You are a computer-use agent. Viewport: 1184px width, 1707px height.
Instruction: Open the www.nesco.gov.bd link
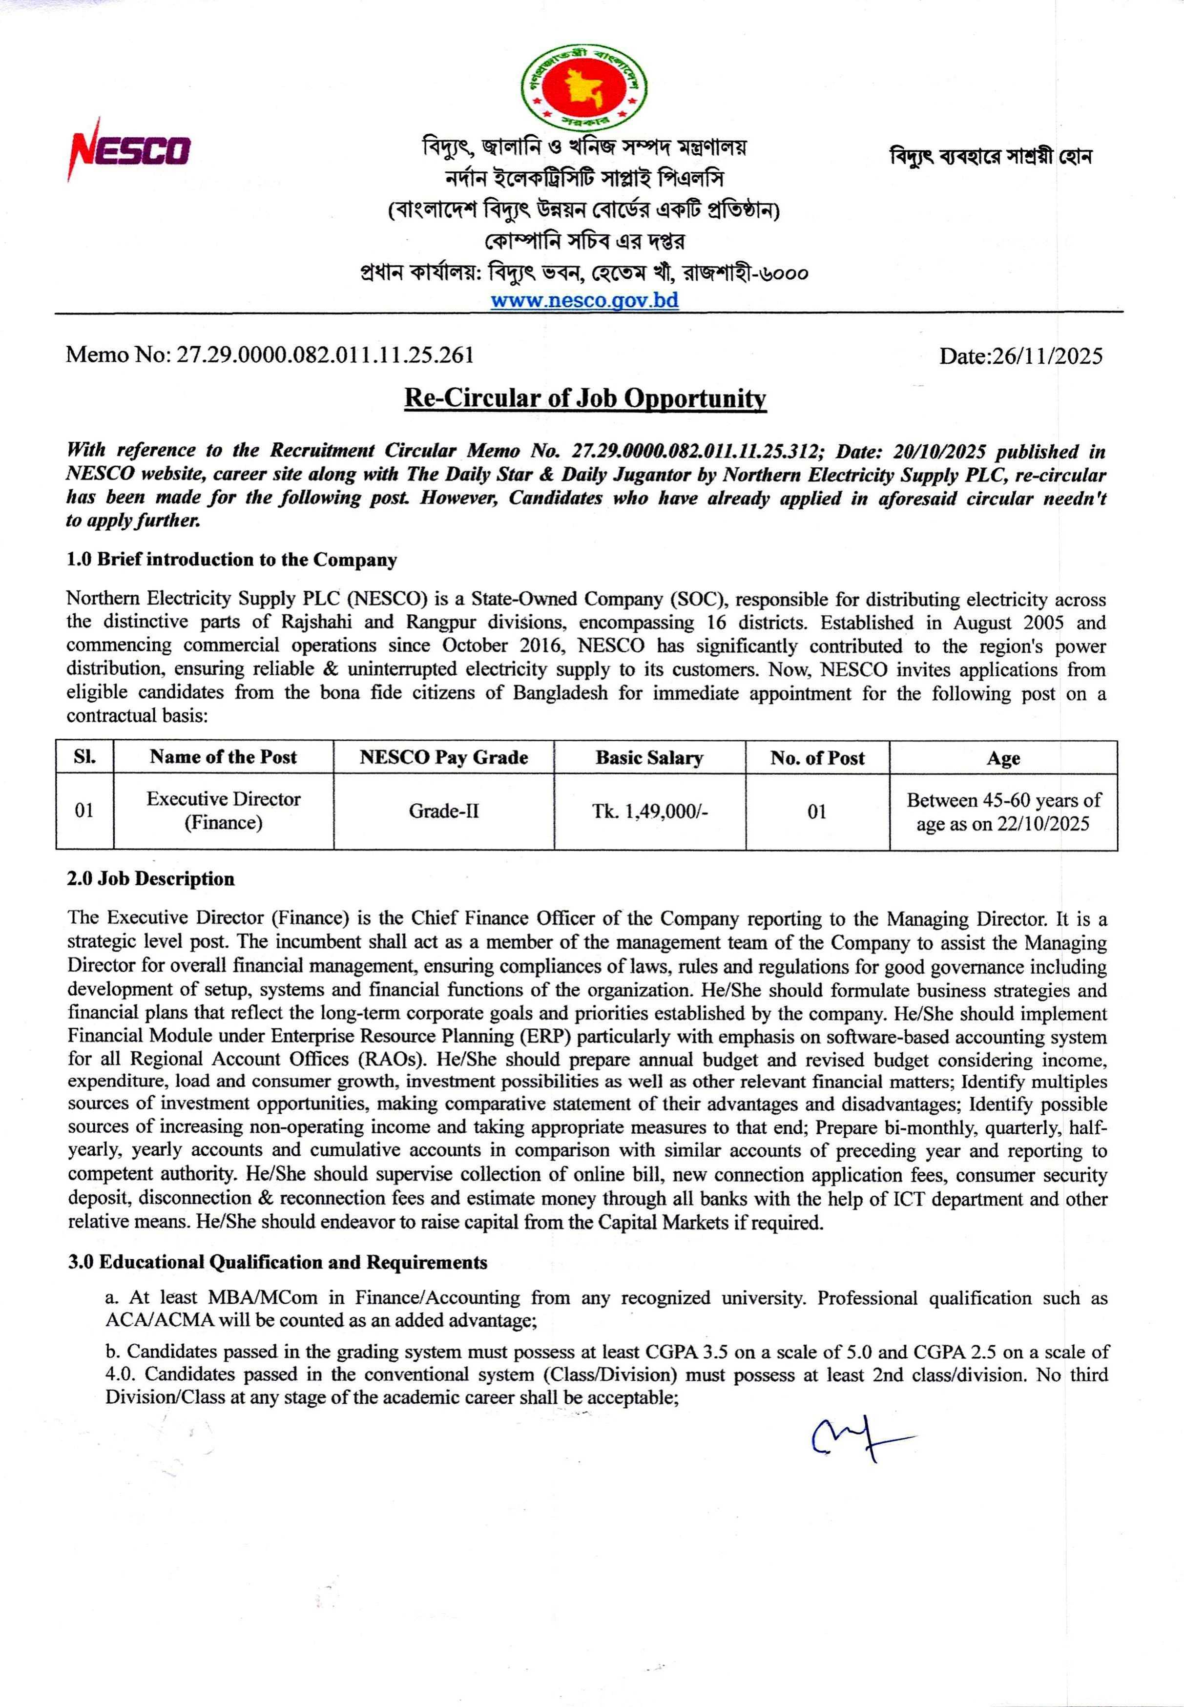pos(584,300)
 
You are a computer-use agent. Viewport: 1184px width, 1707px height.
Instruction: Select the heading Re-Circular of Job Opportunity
pos(584,398)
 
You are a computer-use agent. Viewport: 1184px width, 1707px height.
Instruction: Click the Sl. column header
pos(84,757)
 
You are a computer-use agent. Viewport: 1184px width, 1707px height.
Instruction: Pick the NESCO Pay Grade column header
pos(444,757)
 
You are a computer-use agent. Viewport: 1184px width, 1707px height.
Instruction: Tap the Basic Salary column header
pos(649,757)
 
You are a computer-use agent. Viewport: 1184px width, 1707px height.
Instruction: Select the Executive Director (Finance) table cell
pos(223,811)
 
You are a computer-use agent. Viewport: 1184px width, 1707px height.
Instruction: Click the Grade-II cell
pos(444,811)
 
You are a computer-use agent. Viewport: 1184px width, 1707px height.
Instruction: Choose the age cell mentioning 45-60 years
pos(1003,812)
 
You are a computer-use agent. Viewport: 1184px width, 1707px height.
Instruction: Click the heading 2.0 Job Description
pos(150,879)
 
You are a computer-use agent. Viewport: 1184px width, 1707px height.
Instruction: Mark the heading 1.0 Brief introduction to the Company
pos(231,560)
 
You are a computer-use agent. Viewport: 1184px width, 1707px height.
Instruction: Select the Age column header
pos(1003,758)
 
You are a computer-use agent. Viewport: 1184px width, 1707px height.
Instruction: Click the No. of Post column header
pos(817,757)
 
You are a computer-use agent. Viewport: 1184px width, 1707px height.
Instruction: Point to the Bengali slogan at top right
pos(990,157)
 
